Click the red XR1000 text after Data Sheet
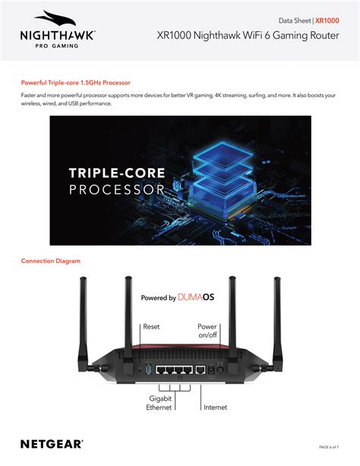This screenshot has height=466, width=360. pos(327,21)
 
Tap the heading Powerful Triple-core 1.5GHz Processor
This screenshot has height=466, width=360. pos(75,82)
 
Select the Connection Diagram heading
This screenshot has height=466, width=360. pos(51,261)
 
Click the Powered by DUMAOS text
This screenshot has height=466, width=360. pos(178,298)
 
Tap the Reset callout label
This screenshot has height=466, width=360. pos(152,326)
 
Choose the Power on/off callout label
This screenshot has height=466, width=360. pos(207,330)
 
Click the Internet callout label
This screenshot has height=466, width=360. pos(215,407)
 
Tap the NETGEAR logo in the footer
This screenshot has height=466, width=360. pos(52,443)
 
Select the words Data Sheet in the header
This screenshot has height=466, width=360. pos(295,21)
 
